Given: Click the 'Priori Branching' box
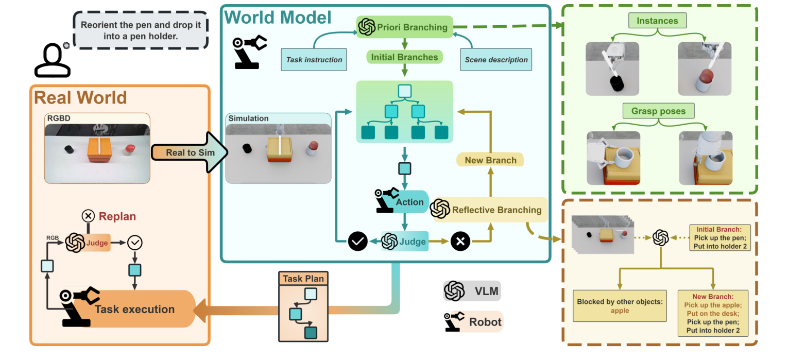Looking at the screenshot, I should point(404,27).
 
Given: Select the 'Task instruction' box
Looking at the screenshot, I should point(314,60).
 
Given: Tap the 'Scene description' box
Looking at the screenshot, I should point(496,60).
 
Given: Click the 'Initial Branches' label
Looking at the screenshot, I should point(405,57).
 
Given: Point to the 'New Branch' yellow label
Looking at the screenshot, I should point(490,160).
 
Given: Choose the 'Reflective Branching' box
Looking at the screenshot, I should point(496,210).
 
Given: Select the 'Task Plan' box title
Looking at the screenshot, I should point(303,279).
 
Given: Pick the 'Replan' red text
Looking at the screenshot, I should point(117,216).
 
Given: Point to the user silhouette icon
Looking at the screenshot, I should point(52,61).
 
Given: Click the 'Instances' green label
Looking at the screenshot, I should point(657,21).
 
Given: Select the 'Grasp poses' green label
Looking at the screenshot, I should point(658,111).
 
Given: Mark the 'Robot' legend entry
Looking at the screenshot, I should point(473,322).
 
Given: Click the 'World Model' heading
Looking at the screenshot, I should point(278,18).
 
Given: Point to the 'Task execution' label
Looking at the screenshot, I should point(134,310).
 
